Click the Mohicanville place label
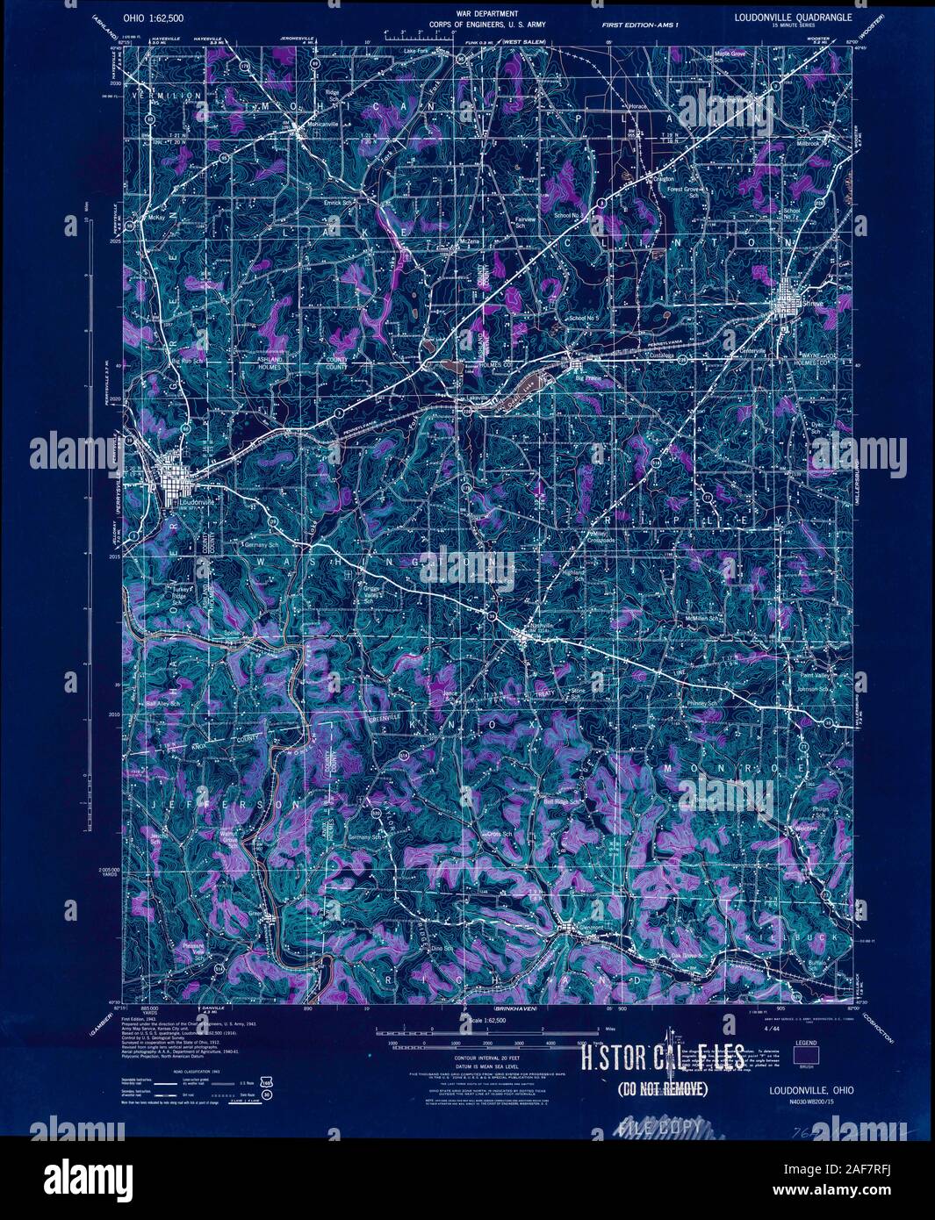pos(319,124)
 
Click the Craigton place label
pos(664,179)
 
